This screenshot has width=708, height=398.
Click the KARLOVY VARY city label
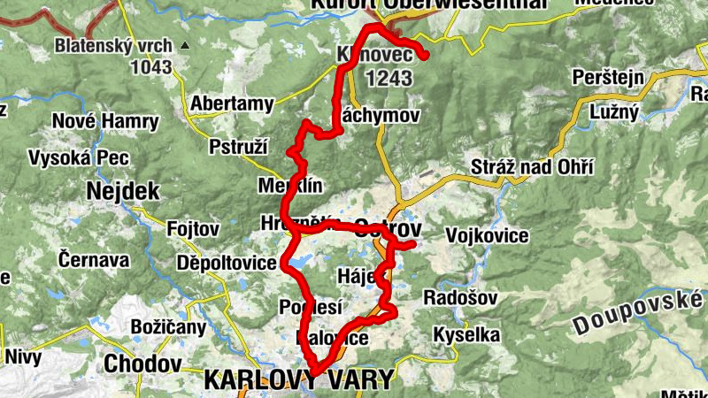pyautogui.click(x=298, y=380)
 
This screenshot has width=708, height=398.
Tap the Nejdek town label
pyautogui.click(x=122, y=190)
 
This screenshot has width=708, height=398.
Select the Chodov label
pyautogui.click(x=142, y=364)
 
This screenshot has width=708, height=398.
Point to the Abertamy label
pyautogui.click(x=232, y=103)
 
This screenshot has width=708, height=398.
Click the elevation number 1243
pyautogui.click(x=387, y=79)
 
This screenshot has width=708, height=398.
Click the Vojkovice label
pyautogui.click(x=488, y=236)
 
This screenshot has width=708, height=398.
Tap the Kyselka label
pyautogui.click(x=466, y=335)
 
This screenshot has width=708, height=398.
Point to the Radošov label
pyautogui.click(x=460, y=297)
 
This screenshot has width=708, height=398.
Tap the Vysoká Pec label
pyautogui.click(x=79, y=158)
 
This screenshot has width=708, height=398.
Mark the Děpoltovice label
pyautogui.click(x=227, y=263)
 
